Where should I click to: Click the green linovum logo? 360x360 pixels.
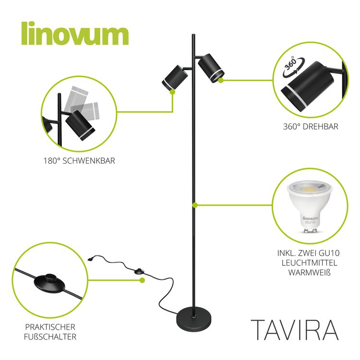[x=75, y=33]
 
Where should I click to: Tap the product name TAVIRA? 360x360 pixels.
[x=295, y=330]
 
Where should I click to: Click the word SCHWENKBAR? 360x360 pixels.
[x=89, y=161]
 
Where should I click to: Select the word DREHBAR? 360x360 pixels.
[x=321, y=127]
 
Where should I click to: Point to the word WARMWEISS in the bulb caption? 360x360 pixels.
[x=309, y=273]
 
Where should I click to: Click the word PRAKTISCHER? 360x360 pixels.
[x=50, y=327]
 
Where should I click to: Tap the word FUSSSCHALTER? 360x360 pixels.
[x=50, y=337]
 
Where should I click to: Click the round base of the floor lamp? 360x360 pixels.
[x=193, y=319]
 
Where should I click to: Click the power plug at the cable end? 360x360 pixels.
[x=91, y=259]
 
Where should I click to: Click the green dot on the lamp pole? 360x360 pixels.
[x=195, y=205]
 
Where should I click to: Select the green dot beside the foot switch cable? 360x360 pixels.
[x=143, y=280]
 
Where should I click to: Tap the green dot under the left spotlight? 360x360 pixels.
[x=173, y=92]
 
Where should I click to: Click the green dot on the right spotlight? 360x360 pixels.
[x=221, y=80]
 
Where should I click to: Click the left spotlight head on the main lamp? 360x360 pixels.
[x=175, y=78]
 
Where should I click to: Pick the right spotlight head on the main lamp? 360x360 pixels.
[x=211, y=68]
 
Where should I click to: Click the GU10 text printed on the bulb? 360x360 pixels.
[x=310, y=222]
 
